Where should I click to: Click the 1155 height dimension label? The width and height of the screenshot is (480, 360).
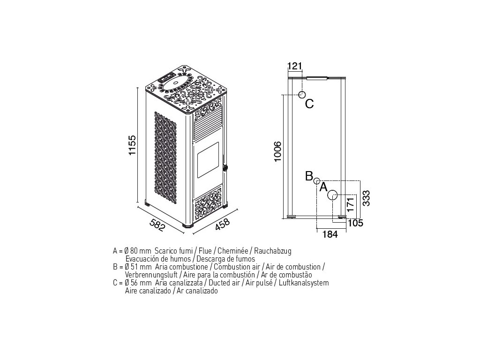click(132, 146)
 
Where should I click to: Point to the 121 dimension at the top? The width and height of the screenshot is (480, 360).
click(294, 66)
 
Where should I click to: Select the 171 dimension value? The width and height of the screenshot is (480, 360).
click(347, 205)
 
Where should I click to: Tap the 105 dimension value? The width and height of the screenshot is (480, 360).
click(356, 223)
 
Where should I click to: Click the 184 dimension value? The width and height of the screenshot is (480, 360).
click(330, 234)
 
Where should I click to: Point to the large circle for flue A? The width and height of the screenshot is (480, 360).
click(332, 195)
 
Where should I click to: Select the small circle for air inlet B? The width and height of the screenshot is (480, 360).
click(317, 181)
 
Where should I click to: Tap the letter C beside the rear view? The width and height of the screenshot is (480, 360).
click(309, 104)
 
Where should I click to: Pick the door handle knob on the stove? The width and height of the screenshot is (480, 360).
click(225, 167)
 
